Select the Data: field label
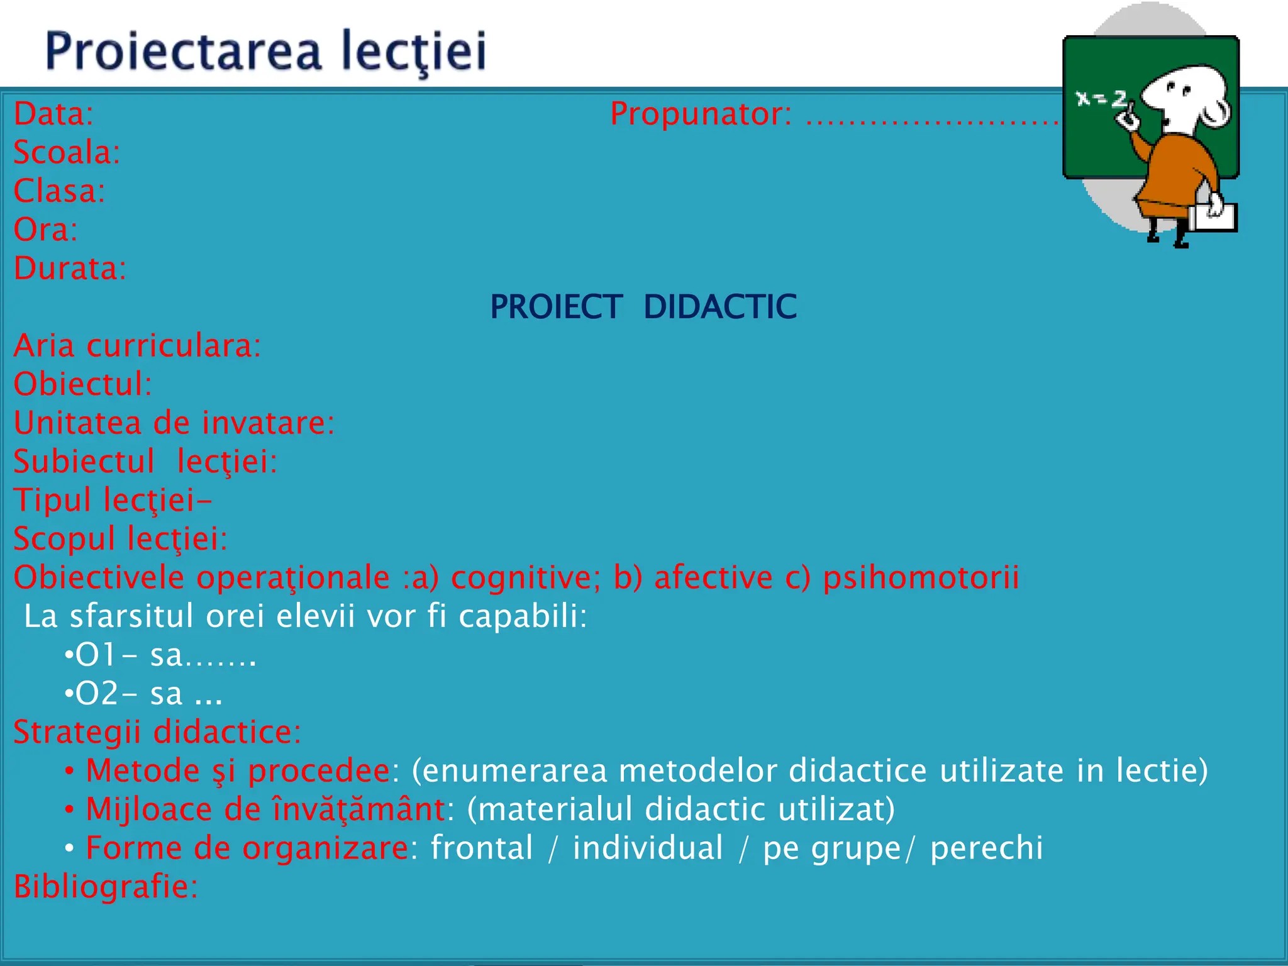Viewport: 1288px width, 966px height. click(x=54, y=114)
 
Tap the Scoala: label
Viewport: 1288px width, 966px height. click(x=67, y=153)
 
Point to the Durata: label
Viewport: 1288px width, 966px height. click(x=70, y=269)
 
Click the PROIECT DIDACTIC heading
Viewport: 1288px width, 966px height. click(x=643, y=308)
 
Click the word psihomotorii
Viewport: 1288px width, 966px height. click(x=921, y=577)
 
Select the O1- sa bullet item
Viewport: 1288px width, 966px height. click(x=160, y=655)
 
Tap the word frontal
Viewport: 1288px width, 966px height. click(x=482, y=848)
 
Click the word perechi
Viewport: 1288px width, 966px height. click(x=986, y=848)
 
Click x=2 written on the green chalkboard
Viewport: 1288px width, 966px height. click(x=1101, y=99)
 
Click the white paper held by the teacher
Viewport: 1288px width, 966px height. click(x=1214, y=217)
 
